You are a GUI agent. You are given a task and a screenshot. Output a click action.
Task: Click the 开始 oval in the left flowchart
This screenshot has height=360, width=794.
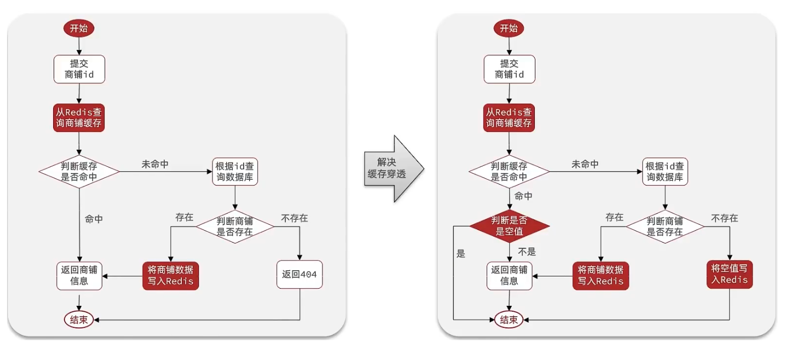(x=79, y=28)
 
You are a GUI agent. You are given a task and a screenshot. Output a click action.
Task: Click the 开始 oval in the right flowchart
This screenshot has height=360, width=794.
(x=509, y=28)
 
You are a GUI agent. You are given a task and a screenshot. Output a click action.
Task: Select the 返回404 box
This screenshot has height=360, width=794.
(x=299, y=275)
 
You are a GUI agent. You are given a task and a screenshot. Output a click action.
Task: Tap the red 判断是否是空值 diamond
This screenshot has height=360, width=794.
(x=509, y=226)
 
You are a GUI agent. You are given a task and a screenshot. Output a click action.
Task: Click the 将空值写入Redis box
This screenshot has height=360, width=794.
(x=730, y=274)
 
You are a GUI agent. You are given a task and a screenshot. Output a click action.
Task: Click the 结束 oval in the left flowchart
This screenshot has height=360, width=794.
(x=79, y=320)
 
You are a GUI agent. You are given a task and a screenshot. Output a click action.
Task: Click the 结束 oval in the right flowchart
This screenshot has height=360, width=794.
(x=509, y=320)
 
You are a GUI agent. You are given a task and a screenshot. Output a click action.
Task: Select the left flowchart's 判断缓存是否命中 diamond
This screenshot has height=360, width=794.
(x=79, y=172)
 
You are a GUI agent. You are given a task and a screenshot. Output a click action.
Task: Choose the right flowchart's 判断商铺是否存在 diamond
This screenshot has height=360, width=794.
(x=665, y=226)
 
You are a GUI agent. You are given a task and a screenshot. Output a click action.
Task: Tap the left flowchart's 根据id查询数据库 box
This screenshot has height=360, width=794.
(x=235, y=172)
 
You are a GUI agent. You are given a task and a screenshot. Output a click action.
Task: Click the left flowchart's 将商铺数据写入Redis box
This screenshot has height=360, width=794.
(x=171, y=276)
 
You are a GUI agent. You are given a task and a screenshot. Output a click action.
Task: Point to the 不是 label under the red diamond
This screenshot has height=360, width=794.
(x=527, y=252)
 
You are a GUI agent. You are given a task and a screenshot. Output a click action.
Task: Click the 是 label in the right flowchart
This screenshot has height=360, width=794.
(x=461, y=254)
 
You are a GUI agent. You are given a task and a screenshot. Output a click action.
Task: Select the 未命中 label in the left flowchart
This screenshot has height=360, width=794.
(x=155, y=164)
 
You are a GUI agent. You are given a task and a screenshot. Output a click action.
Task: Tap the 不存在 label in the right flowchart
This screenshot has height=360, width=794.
(x=724, y=218)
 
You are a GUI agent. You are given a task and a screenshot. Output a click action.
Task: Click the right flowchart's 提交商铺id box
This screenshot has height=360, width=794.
(x=509, y=69)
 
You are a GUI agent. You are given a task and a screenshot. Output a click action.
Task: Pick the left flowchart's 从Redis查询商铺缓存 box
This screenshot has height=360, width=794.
(x=79, y=118)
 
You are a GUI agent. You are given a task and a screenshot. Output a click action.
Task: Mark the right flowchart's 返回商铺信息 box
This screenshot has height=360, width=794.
(x=509, y=276)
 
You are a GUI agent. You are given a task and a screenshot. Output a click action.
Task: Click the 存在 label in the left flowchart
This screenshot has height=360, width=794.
(x=184, y=217)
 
